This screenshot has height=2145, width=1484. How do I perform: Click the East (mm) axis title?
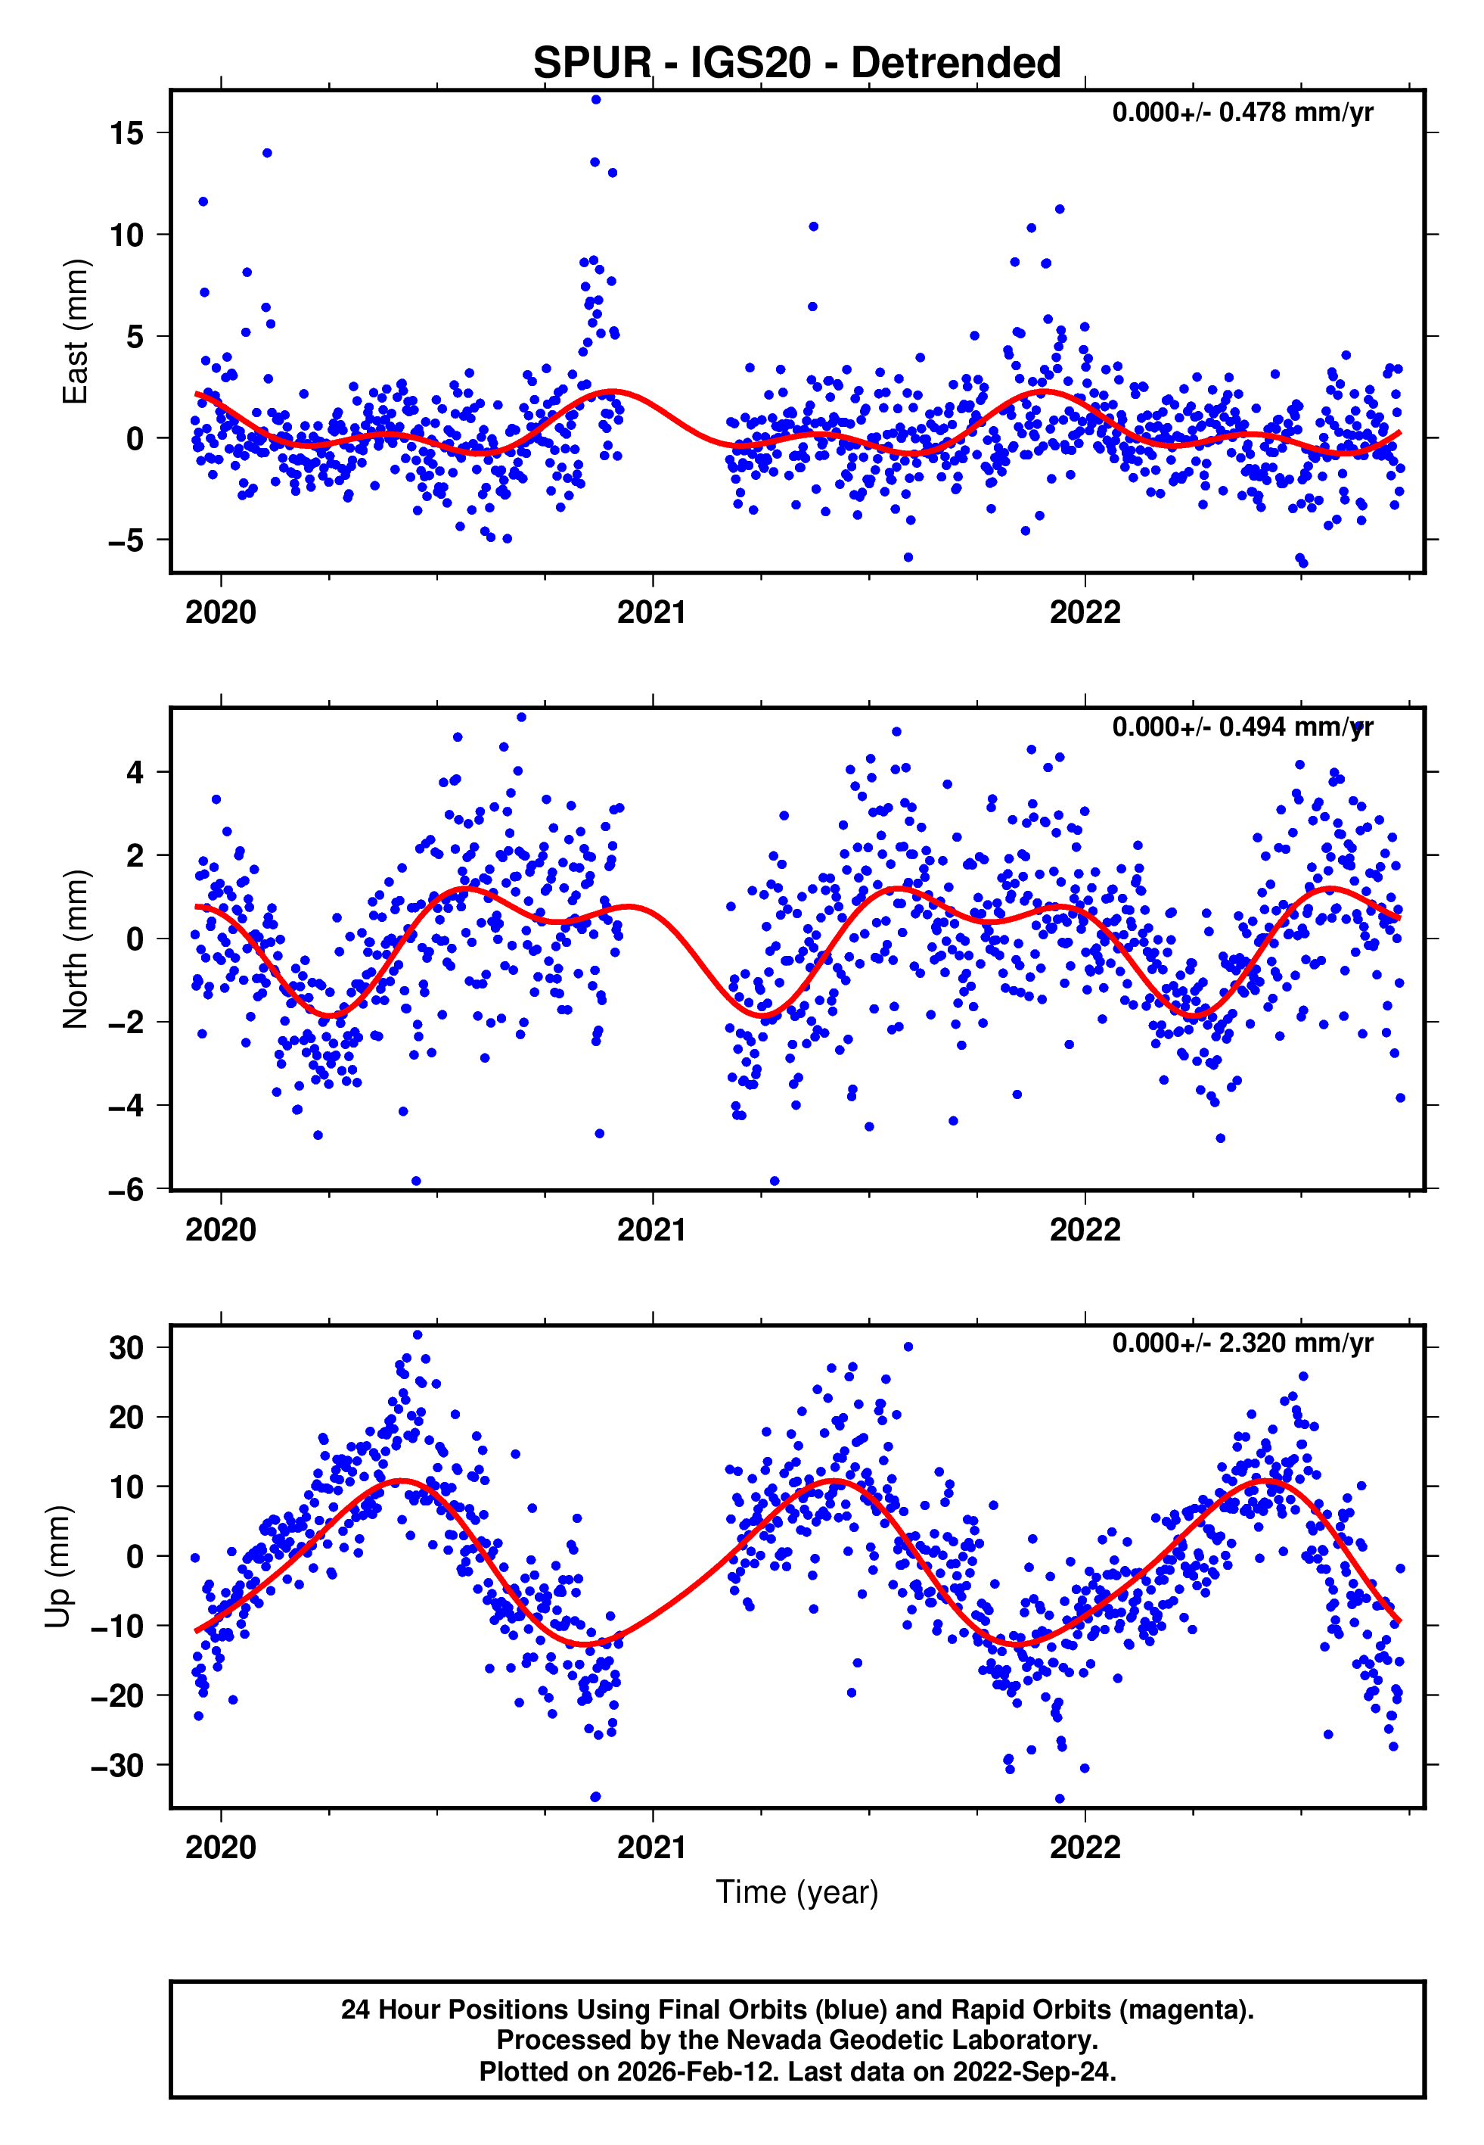coord(74,332)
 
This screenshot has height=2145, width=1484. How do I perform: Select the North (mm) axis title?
coord(74,949)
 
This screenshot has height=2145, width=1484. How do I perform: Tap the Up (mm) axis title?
coord(57,1567)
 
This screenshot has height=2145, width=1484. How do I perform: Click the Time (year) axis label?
coord(797,1892)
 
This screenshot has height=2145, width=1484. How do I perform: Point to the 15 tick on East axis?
coord(126,133)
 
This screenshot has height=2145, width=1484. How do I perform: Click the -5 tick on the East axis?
coord(126,540)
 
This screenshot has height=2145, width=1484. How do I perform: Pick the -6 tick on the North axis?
coord(126,1190)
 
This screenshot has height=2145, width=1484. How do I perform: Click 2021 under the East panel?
coord(652,613)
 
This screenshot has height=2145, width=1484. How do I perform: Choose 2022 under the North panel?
coord(1085,1231)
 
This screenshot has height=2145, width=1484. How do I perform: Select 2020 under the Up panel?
coord(220,1848)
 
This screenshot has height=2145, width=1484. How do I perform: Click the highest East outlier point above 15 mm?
coord(596,99)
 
